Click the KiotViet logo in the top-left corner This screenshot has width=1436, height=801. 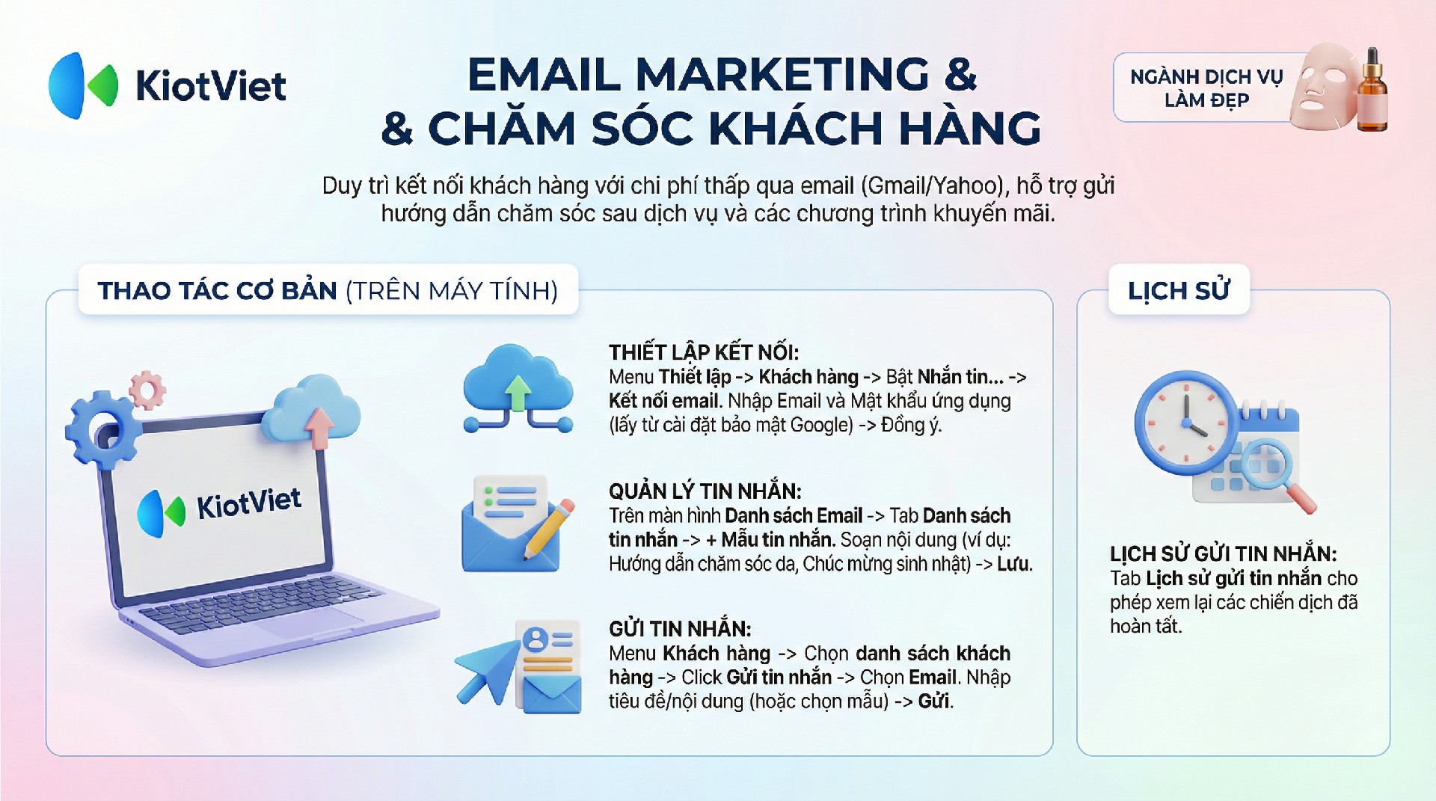coord(167,85)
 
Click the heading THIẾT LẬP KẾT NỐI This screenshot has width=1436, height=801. coord(704,352)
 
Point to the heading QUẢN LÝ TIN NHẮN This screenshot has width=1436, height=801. coord(705,491)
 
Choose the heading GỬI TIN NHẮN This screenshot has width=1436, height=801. coord(680,628)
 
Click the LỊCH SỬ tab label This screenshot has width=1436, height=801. coord(1179,290)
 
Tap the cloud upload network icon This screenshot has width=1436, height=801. coord(518,388)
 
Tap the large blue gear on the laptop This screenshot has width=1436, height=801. coord(101,429)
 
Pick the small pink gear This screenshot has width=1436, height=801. coord(147,390)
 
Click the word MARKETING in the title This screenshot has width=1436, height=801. coord(782,74)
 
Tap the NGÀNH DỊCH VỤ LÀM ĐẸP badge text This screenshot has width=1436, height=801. coord(1206,88)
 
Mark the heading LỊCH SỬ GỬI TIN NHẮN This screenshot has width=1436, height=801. coord(1223,553)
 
